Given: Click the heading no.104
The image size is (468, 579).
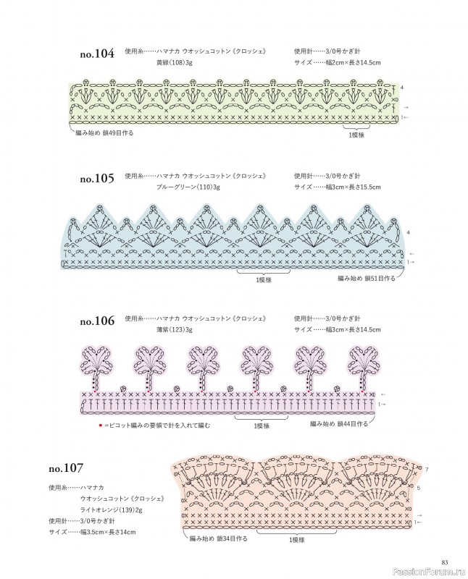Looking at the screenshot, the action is click(x=97, y=54).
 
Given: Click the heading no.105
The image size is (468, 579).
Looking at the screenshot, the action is click(x=97, y=179).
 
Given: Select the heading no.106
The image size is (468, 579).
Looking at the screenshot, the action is click(x=97, y=321).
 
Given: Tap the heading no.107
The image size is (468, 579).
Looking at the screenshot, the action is click(x=66, y=468).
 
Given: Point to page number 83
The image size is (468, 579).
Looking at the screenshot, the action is click(x=445, y=562).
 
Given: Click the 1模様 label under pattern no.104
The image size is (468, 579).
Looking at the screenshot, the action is click(x=356, y=135).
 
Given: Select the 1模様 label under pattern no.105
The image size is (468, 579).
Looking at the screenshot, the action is click(x=264, y=280).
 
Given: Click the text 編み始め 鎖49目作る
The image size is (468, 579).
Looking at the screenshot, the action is click(x=104, y=132).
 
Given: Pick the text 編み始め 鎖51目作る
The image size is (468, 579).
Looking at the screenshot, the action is click(x=367, y=278).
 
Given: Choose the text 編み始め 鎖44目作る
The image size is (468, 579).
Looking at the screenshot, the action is click(x=339, y=423).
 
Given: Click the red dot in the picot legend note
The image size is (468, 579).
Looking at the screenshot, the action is click(x=100, y=426).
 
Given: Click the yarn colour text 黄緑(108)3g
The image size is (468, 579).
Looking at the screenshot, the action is click(x=174, y=63).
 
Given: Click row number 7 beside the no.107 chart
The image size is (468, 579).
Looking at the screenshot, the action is click(x=427, y=469).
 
